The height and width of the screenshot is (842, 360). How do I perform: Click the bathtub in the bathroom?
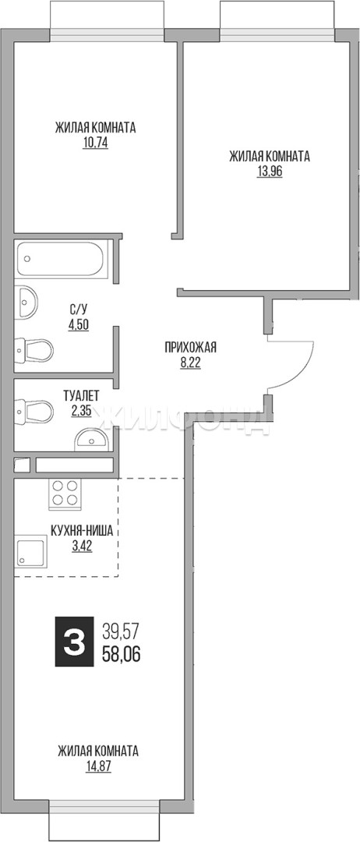tap(62, 260)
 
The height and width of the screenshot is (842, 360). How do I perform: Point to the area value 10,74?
tap(96, 144)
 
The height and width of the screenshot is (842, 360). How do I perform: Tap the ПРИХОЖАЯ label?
tap(190, 348)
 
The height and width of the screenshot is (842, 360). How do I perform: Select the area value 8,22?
tap(190, 363)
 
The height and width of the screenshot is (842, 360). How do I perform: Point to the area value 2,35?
tap(81, 412)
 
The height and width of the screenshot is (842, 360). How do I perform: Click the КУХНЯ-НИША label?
tap(82, 532)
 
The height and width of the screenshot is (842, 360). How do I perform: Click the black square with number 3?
tap(74, 640)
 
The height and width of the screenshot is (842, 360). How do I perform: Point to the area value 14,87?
tap(97, 766)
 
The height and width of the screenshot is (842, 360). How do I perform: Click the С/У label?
tap(78, 309)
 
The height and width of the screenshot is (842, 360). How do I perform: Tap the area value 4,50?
tap(78, 324)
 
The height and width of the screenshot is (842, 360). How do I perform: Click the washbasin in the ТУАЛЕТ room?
tap(92, 439)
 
